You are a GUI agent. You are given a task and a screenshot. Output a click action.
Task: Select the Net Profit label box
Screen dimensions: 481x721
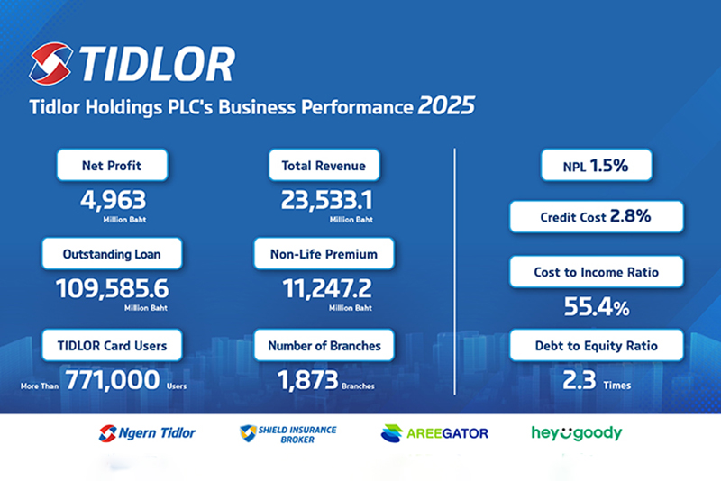113,166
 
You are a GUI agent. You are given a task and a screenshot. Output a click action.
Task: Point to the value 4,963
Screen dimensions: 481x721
113,200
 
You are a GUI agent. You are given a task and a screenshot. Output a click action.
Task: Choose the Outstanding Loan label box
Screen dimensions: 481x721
113,255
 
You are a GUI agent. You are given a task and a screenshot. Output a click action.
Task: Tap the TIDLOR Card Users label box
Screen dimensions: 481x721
113,345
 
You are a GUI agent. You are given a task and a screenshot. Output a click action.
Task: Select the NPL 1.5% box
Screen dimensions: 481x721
596,167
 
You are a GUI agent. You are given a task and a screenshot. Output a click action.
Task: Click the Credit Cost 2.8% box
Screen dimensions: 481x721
596,217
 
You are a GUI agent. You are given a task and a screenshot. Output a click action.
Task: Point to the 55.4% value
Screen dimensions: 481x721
596,307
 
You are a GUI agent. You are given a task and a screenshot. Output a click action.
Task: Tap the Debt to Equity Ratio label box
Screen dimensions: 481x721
596,346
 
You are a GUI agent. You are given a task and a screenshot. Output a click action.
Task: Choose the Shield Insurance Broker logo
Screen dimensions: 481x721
287,433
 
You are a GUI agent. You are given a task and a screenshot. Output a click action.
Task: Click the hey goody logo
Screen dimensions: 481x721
577,433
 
